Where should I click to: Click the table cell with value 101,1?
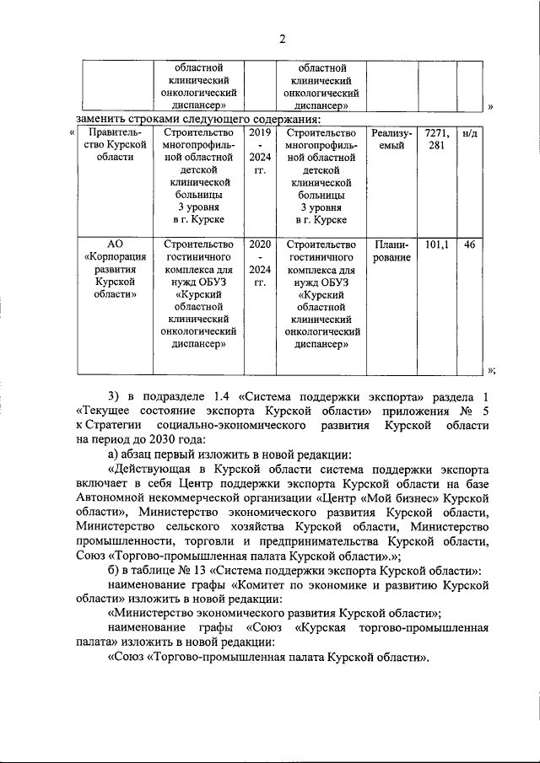pos(436,244)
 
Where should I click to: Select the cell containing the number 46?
pos(472,244)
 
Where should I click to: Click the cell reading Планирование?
pos(391,251)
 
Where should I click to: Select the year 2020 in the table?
pos(260,244)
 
